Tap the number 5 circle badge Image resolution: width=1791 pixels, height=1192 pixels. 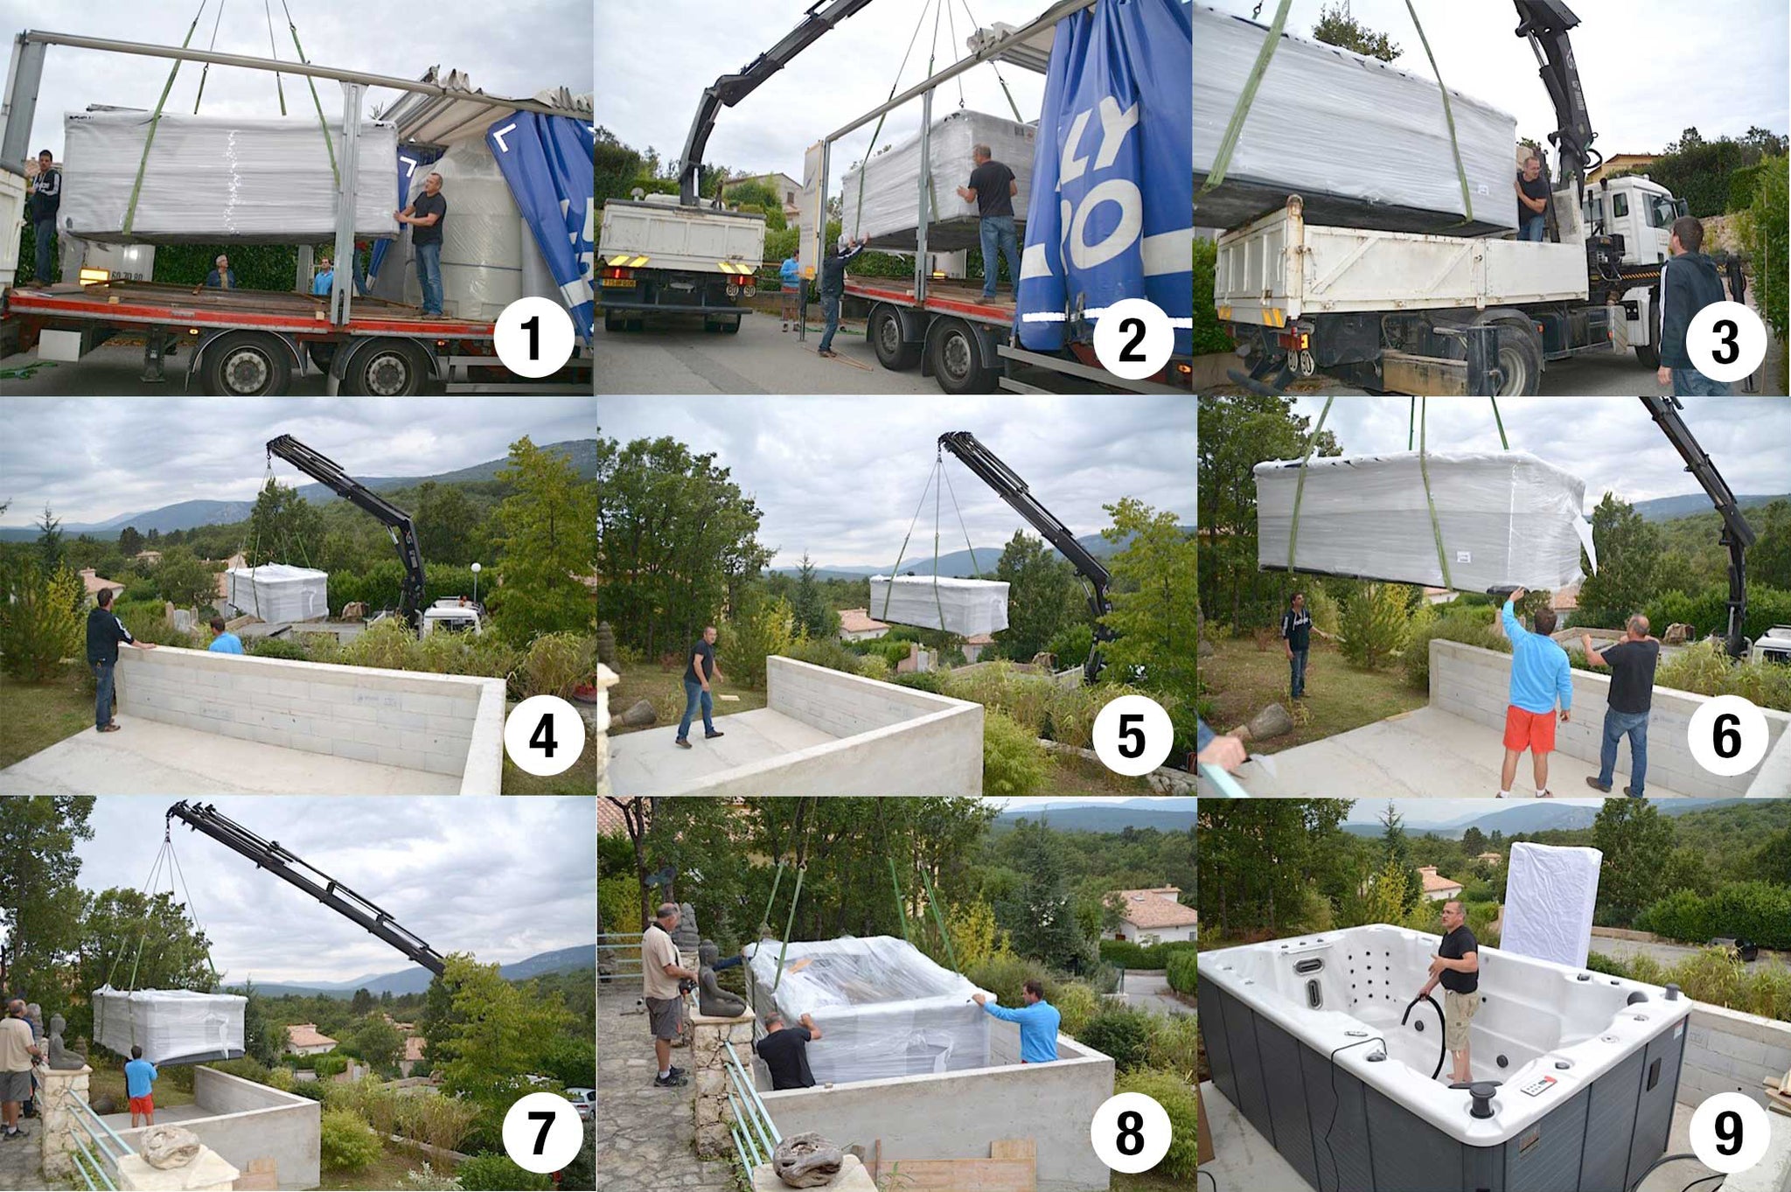[x=1132, y=735]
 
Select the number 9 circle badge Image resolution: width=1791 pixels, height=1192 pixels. [x=1727, y=1133]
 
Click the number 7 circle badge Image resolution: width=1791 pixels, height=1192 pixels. [x=541, y=1133]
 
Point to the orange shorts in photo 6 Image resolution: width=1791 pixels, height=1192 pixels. [x=1530, y=728]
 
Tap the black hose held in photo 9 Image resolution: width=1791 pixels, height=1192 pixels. [x=1434, y=1032]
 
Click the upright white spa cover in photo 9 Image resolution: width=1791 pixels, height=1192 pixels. [x=1549, y=904]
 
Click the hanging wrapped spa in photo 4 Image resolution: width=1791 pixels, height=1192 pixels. [x=278, y=593]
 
